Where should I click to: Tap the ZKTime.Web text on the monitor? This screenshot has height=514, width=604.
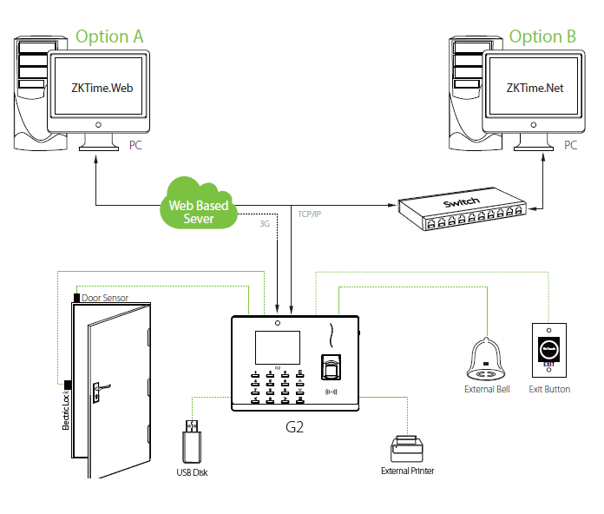pos(102,88)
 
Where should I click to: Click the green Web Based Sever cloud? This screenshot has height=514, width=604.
pos(200,205)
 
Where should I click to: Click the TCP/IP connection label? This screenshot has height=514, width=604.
pos(310,213)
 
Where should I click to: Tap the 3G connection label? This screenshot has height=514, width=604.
pos(266,223)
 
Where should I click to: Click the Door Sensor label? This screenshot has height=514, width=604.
pos(105,298)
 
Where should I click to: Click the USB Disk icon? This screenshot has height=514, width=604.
pos(191,443)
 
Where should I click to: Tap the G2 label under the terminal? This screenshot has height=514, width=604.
pos(295,428)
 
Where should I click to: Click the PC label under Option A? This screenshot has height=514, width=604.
pos(135,145)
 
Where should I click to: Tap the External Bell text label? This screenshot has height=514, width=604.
pos(486,390)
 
